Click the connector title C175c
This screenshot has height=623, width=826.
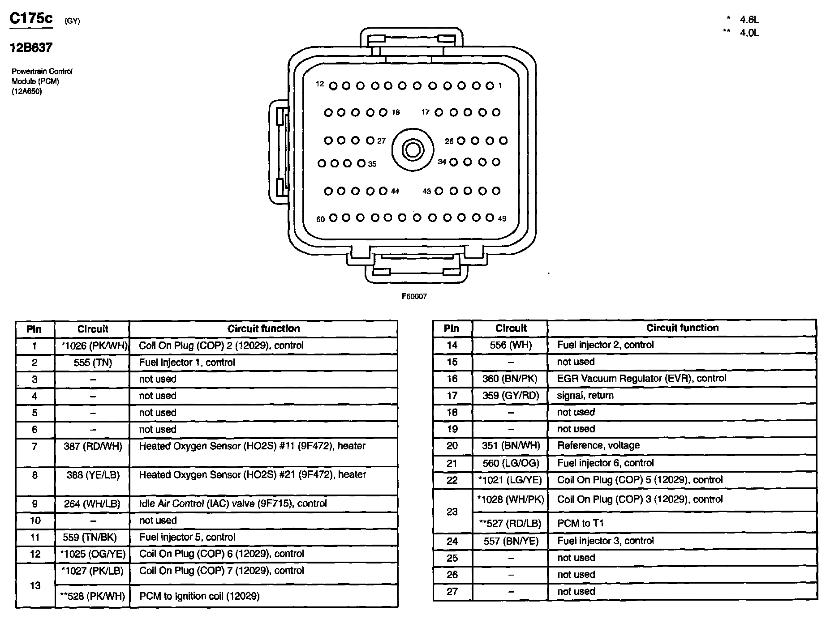tap(31, 18)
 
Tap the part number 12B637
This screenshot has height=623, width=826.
tap(31, 47)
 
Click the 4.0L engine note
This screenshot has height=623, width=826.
tap(749, 33)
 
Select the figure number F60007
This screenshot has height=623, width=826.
tap(414, 296)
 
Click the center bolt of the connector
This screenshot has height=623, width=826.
tap(413, 150)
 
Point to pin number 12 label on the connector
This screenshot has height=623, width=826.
tap(319, 84)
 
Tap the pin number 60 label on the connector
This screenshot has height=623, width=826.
tap(320, 219)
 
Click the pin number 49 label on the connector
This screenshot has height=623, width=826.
tap(502, 219)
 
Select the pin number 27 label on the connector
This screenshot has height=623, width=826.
tap(381, 141)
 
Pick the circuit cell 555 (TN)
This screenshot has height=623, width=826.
tap(93, 363)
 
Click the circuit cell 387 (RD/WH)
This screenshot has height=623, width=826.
tap(93, 446)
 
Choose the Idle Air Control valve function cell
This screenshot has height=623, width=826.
tap(233, 503)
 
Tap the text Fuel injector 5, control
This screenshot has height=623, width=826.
tap(187, 537)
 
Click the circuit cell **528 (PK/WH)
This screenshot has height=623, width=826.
tap(93, 596)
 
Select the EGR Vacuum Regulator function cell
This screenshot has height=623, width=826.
tap(641, 378)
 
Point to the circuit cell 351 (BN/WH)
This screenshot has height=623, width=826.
tap(511, 445)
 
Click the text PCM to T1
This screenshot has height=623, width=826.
tap(580, 523)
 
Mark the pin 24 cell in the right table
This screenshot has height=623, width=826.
tap(452, 541)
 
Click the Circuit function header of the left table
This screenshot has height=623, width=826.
tap(263, 329)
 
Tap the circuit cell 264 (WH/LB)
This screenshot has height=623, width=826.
tap(92, 504)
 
